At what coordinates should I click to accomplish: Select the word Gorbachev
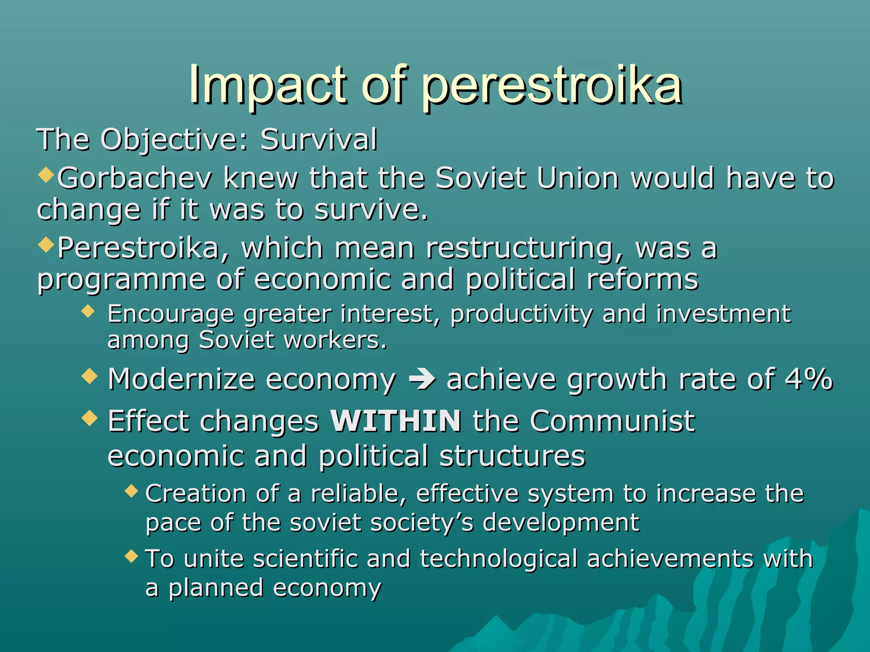(x=134, y=178)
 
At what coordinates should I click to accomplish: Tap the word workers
(x=336, y=340)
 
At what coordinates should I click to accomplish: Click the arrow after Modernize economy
(x=421, y=379)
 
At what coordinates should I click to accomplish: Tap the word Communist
(x=612, y=421)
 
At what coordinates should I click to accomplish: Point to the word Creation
(x=196, y=494)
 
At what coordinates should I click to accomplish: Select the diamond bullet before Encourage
(x=88, y=312)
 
